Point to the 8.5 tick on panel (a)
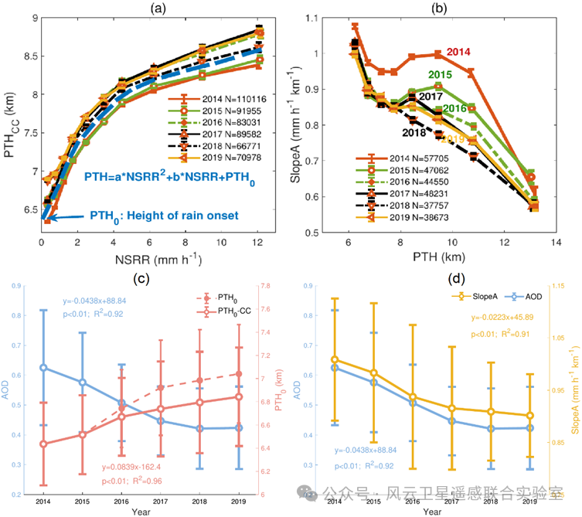point(29,56)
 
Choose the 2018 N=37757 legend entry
point(390,206)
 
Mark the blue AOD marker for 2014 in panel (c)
point(48,367)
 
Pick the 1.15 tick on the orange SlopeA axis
point(558,287)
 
